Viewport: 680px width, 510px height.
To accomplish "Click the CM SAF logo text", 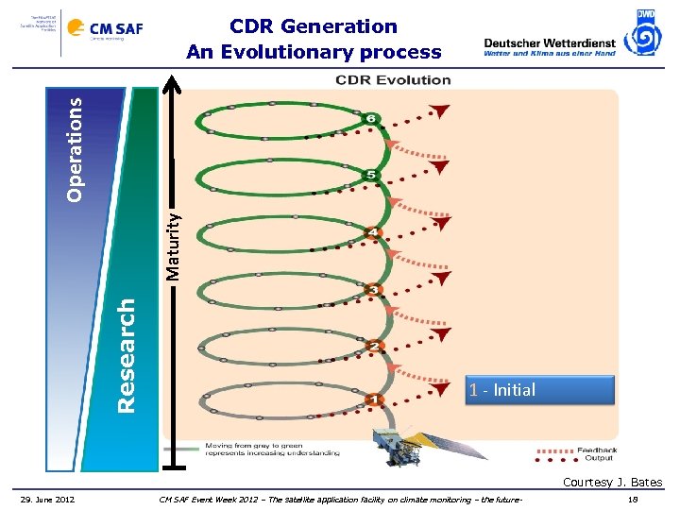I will tap(116, 28).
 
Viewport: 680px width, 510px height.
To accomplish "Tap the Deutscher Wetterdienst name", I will tap(549, 42).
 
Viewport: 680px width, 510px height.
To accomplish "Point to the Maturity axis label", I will tap(173, 244).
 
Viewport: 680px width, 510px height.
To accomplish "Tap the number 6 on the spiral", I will tap(371, 119).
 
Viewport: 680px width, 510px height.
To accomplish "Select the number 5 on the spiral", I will tap(371, 176).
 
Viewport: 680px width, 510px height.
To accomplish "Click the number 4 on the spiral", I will tap(374, 232).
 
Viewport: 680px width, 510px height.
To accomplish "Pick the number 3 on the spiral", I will tap(374, 289).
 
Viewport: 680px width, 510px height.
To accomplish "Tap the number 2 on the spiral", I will tap(374, 346).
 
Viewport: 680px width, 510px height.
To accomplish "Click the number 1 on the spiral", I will tap(374, 400).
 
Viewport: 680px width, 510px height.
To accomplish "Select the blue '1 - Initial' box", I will tap(539, 390).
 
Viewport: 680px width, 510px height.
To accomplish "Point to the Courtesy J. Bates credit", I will tap(612, 483).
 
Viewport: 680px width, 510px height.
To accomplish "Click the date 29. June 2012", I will tap(48, 499).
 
